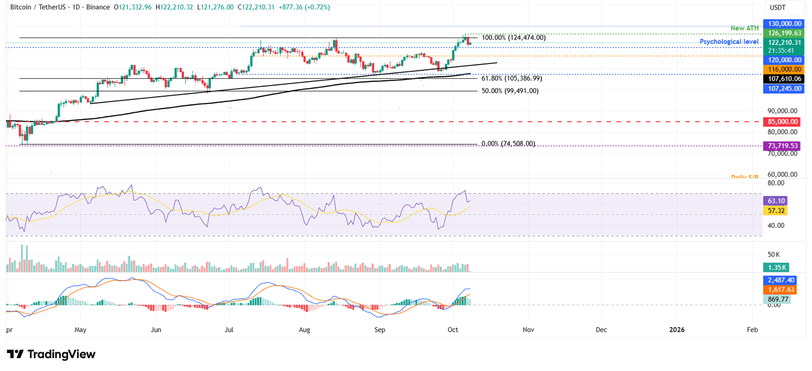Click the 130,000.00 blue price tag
[x=782, y=24]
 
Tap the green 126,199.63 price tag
[x=782, y=33]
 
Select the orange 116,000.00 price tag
[x=782, y=69]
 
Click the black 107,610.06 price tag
[x=782, y=79]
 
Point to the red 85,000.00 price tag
[x=782, y=122]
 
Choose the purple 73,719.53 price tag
[x=782, y=145]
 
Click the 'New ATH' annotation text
[x=745, y=28]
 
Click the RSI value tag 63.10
[x=776, y=201]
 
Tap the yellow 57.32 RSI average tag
[x=776, y=210]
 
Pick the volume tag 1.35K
[x=776, y=268]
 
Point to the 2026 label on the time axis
[x=677, y=330]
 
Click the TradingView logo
[x=51, y=354]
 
